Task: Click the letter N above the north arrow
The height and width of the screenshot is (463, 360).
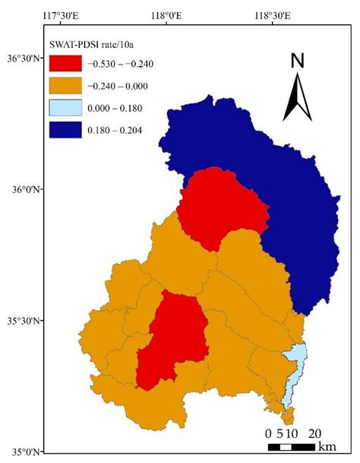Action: tap(298, 61)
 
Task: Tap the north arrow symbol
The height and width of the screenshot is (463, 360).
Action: tap(297, 99)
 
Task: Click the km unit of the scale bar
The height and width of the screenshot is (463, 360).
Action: tap(328, 446)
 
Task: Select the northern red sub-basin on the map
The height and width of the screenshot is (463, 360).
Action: tap(223, 205)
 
